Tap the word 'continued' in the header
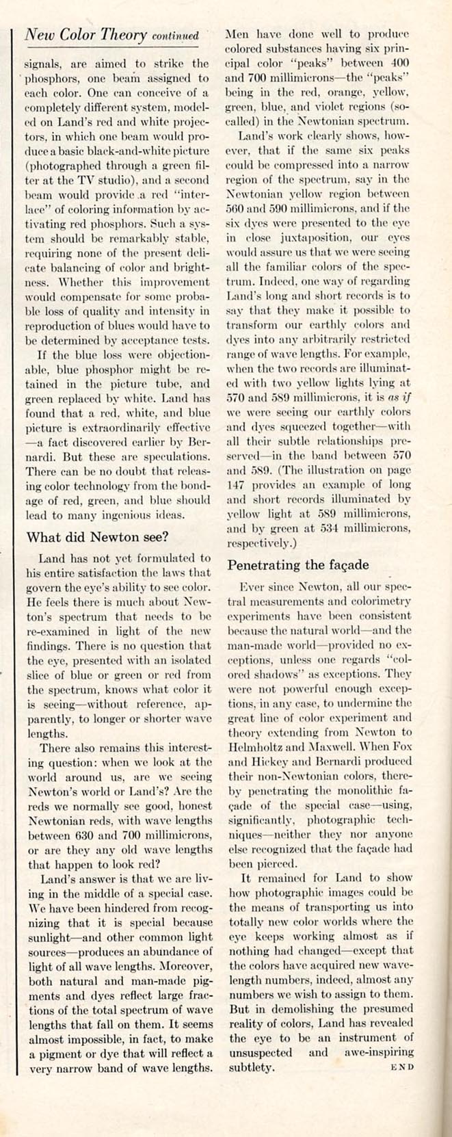pyautogui.click(x=176, y=36)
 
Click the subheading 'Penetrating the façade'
pyautogui.click(x=298, y=565)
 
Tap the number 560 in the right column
pyautogui.click(x=236, y=207)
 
